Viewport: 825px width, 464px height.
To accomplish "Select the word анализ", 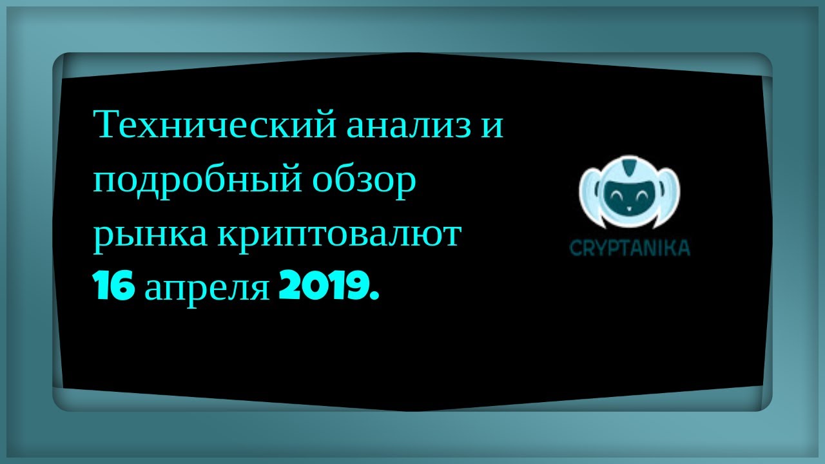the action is (409, 126).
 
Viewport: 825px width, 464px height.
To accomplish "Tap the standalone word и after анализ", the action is (493, 126).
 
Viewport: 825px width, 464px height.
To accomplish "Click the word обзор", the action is (365, 181).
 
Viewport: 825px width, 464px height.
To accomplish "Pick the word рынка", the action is (150, 237).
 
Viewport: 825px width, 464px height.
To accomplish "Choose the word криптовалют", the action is (339, 237).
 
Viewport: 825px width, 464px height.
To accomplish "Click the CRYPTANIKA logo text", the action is (630, 248).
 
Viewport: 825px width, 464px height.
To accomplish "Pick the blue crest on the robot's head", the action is (628, 166).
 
